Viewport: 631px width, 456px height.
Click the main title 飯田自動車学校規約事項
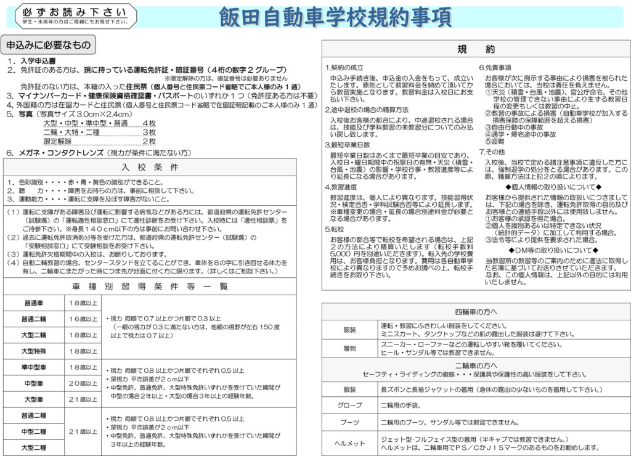335,17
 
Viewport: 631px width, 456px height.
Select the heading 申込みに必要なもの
48,45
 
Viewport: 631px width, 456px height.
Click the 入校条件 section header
150,167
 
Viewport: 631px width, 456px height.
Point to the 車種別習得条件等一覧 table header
150,287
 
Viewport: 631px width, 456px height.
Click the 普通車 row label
33,303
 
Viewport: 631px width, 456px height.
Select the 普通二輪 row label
33,319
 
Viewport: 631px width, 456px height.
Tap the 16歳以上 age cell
83,319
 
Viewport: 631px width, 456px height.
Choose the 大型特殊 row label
33,351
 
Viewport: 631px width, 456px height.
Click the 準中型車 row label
33,367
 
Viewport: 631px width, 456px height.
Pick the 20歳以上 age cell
83,383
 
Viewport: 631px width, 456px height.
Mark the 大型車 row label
33,399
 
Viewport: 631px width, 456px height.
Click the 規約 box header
475,49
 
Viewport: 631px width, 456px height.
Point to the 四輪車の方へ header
475,312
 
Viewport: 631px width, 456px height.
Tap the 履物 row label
349,349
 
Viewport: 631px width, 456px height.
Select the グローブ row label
349,405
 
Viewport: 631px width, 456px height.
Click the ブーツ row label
349,422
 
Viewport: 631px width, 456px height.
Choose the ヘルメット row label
349,443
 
